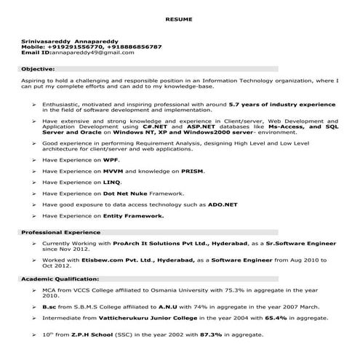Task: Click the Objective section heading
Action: (36, 68)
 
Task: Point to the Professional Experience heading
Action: (55, 232)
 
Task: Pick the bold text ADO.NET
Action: (221, 204)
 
